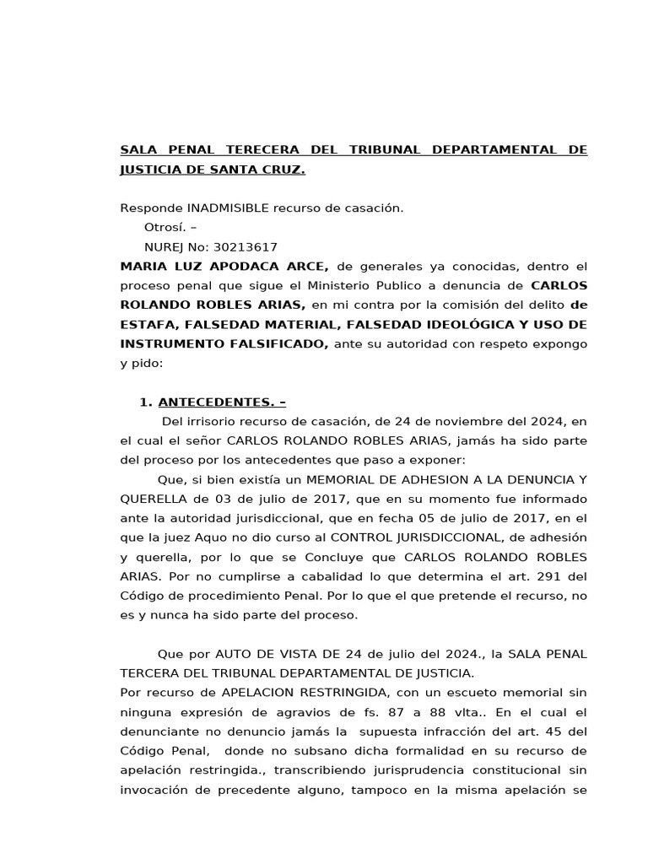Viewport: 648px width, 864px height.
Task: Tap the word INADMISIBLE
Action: coord(225,208)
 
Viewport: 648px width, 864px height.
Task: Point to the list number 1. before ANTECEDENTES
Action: coord(145,402)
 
